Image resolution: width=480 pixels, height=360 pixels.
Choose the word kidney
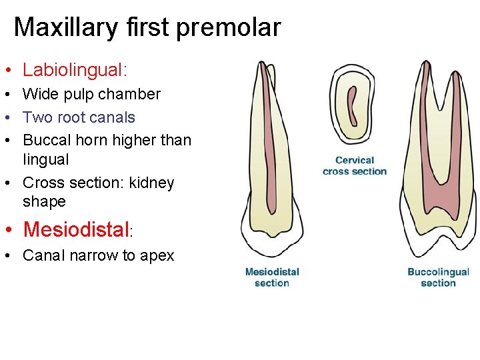151,183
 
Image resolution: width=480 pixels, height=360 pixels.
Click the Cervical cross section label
355,165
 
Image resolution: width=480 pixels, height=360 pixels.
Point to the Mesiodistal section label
272,277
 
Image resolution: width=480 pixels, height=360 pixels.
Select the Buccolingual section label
438,277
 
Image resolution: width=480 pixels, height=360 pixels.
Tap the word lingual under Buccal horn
45,159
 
